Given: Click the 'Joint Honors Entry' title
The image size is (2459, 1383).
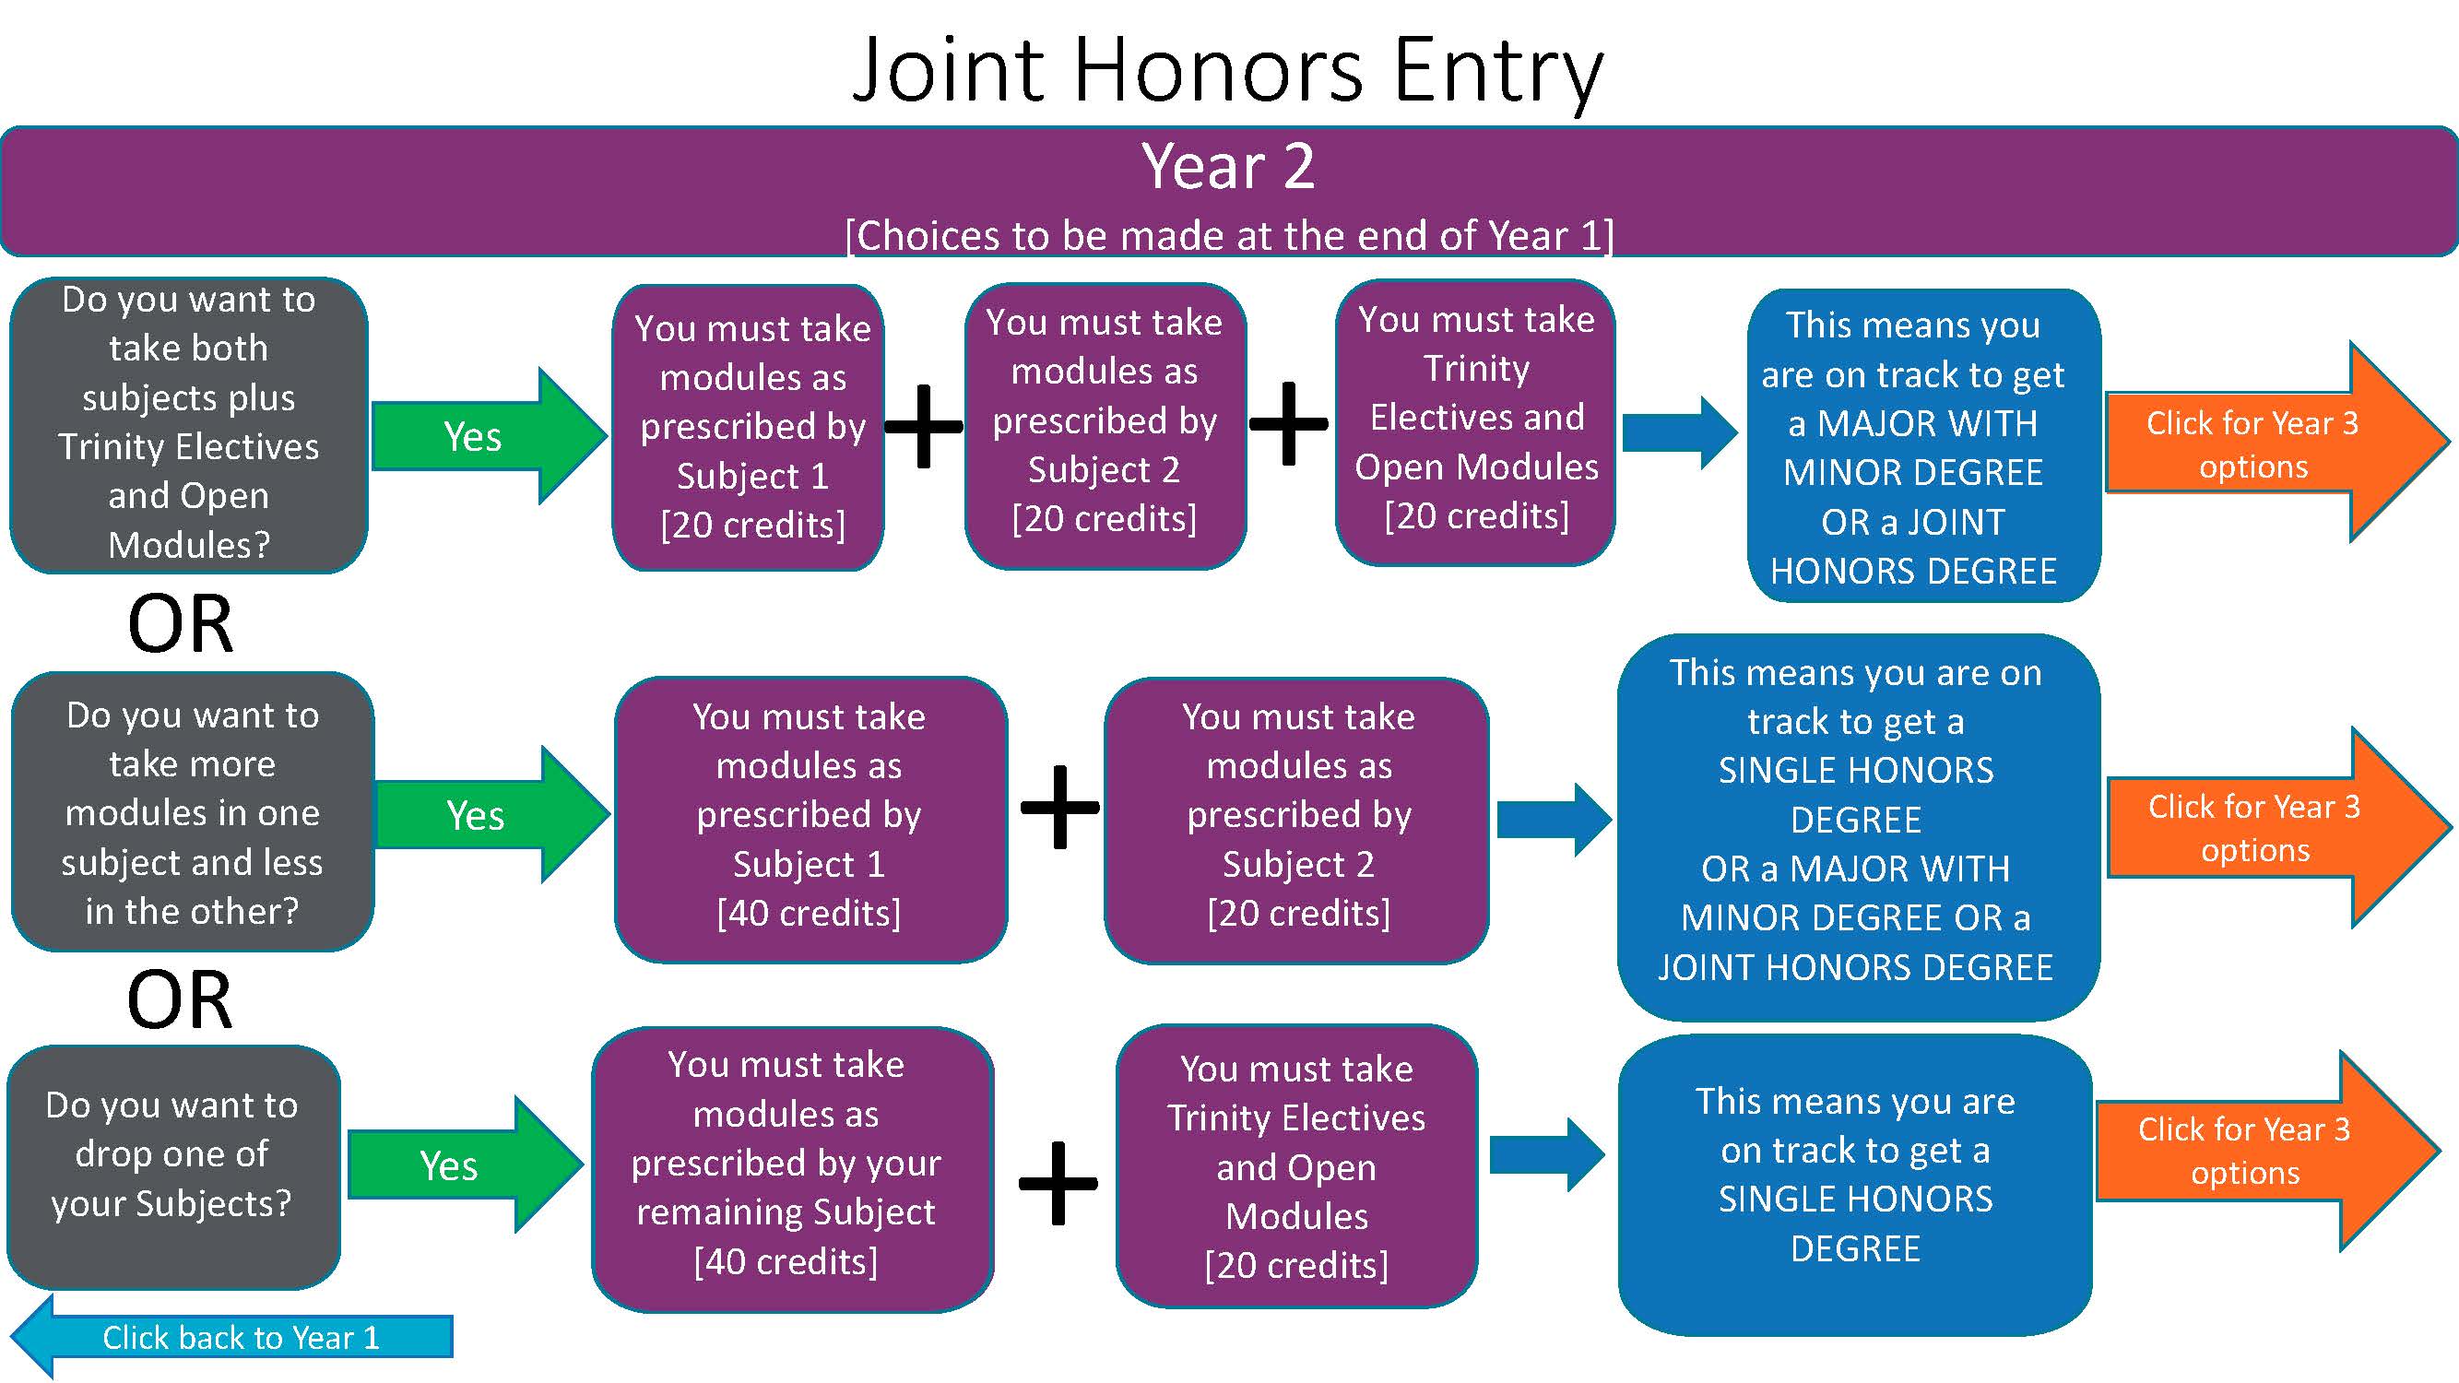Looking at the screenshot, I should point(1227,69).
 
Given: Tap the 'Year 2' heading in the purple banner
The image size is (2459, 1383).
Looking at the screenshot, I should point(1227,167).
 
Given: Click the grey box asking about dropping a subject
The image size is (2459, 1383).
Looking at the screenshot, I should point(172,1166).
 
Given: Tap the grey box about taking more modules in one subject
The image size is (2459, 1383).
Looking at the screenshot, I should point(192,811).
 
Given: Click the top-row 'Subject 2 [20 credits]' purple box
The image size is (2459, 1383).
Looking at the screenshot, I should point(1105,425).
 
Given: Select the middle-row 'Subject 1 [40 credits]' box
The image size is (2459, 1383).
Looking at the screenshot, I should point(810,818).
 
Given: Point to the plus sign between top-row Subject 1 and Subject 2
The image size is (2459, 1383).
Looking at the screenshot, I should point(924,427).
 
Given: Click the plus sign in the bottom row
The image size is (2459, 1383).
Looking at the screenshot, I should point(1058,1183).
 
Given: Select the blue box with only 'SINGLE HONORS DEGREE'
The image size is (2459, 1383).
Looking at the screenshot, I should point(1854,1184).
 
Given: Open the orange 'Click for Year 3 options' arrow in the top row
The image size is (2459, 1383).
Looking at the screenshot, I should point(2272,443).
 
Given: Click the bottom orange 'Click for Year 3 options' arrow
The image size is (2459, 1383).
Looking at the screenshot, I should point(2263,1150).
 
